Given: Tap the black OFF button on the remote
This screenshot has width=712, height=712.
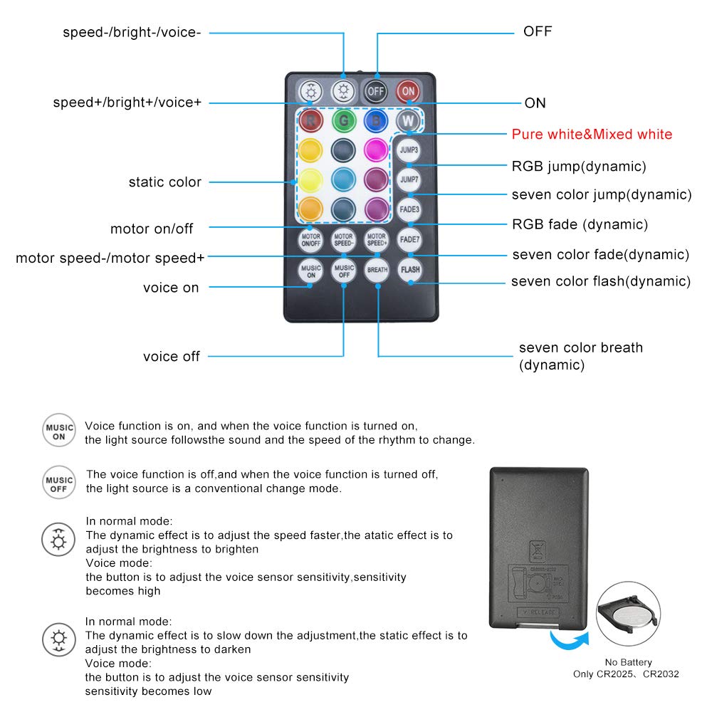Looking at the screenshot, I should click(375, 91).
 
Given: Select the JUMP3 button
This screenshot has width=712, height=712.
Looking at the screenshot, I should click(409, 150).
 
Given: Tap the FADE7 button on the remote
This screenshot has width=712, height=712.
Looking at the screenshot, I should click(409, 239).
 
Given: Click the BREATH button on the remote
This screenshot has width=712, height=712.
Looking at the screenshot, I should click(377, 270).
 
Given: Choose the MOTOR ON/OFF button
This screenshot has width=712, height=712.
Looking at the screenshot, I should click(310, 239).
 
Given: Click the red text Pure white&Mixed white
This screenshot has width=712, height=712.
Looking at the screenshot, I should click(592, 135).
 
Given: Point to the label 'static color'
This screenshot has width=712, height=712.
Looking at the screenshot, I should click(164, 182).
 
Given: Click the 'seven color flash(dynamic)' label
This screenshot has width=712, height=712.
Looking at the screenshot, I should click(600, 281).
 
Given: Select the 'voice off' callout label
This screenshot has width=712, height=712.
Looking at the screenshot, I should click(171, 356).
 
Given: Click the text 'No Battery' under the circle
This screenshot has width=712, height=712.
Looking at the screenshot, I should click(628, 662).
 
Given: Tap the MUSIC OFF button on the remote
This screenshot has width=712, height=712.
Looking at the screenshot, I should click(344, 270).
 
